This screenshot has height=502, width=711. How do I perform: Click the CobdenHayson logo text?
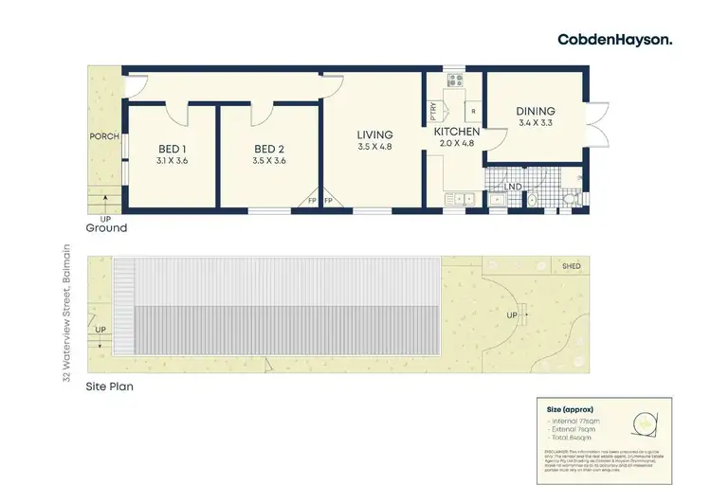coord(629,39)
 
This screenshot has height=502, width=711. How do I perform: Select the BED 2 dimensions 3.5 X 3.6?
coord(268,161)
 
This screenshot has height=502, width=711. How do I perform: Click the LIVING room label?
coord(374,134)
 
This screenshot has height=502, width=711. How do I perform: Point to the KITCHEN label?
coord(457,132)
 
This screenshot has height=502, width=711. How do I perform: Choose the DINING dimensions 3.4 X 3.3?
coord(537,122)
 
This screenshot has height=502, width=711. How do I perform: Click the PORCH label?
coord(104,136)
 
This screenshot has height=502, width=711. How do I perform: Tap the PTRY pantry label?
coord(433,108)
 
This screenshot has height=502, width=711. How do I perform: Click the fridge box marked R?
coord(473,112)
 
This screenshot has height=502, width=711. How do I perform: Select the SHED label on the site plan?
coord(571,267)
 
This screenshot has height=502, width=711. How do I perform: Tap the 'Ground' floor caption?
coord(106,228)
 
